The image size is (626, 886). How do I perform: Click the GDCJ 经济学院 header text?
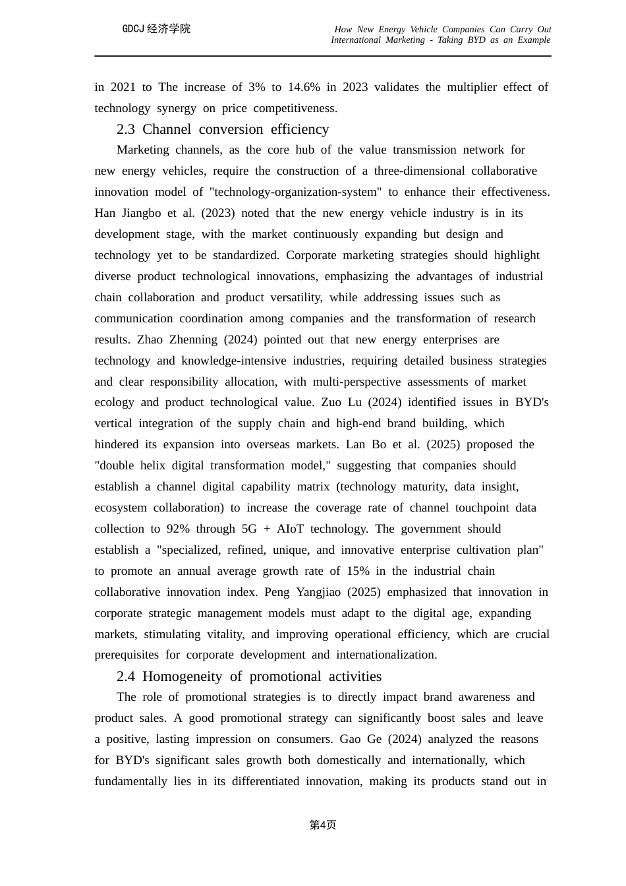(156, 29)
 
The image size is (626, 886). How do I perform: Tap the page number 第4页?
(323, 825)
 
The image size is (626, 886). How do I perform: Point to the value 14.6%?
(304, 87)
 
